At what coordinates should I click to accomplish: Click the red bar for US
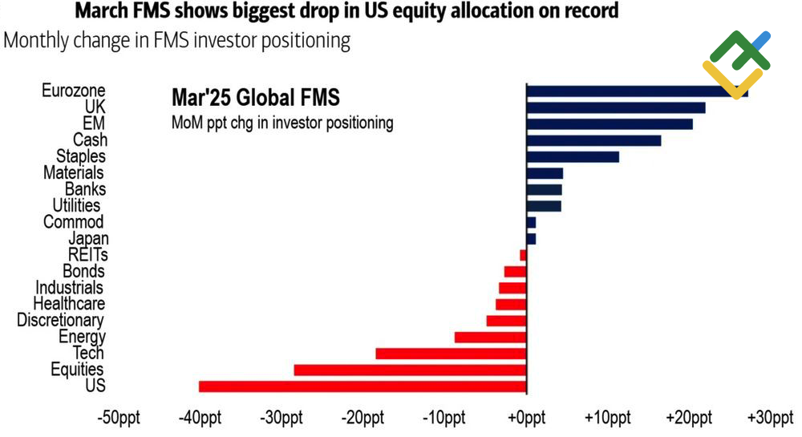tap(363, 386)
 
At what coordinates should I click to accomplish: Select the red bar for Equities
tap(410, 370)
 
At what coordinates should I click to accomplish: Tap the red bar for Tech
tap(451, 354)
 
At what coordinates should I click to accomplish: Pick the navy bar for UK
tap(616, 107)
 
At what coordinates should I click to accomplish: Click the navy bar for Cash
tap(594, 140)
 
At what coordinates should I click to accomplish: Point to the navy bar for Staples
tap(573, 156)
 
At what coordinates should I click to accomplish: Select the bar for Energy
tap(490, 337)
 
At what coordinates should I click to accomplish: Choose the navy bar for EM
tap(610, 123)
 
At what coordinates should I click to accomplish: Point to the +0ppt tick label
tap(525, 418)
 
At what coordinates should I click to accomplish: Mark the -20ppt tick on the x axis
tap(363, 418)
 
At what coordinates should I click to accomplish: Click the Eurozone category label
tap(73, 91)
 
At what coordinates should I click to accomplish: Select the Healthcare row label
tap(69, 304)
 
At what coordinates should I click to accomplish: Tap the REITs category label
tap(88, 255)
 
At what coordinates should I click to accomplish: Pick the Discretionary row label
tap(61, 321)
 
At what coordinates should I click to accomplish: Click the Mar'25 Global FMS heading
tap(256, 98)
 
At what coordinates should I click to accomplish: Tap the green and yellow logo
tap(735, 63)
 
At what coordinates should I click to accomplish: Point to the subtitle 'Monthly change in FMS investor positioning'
tap(177, 41)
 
